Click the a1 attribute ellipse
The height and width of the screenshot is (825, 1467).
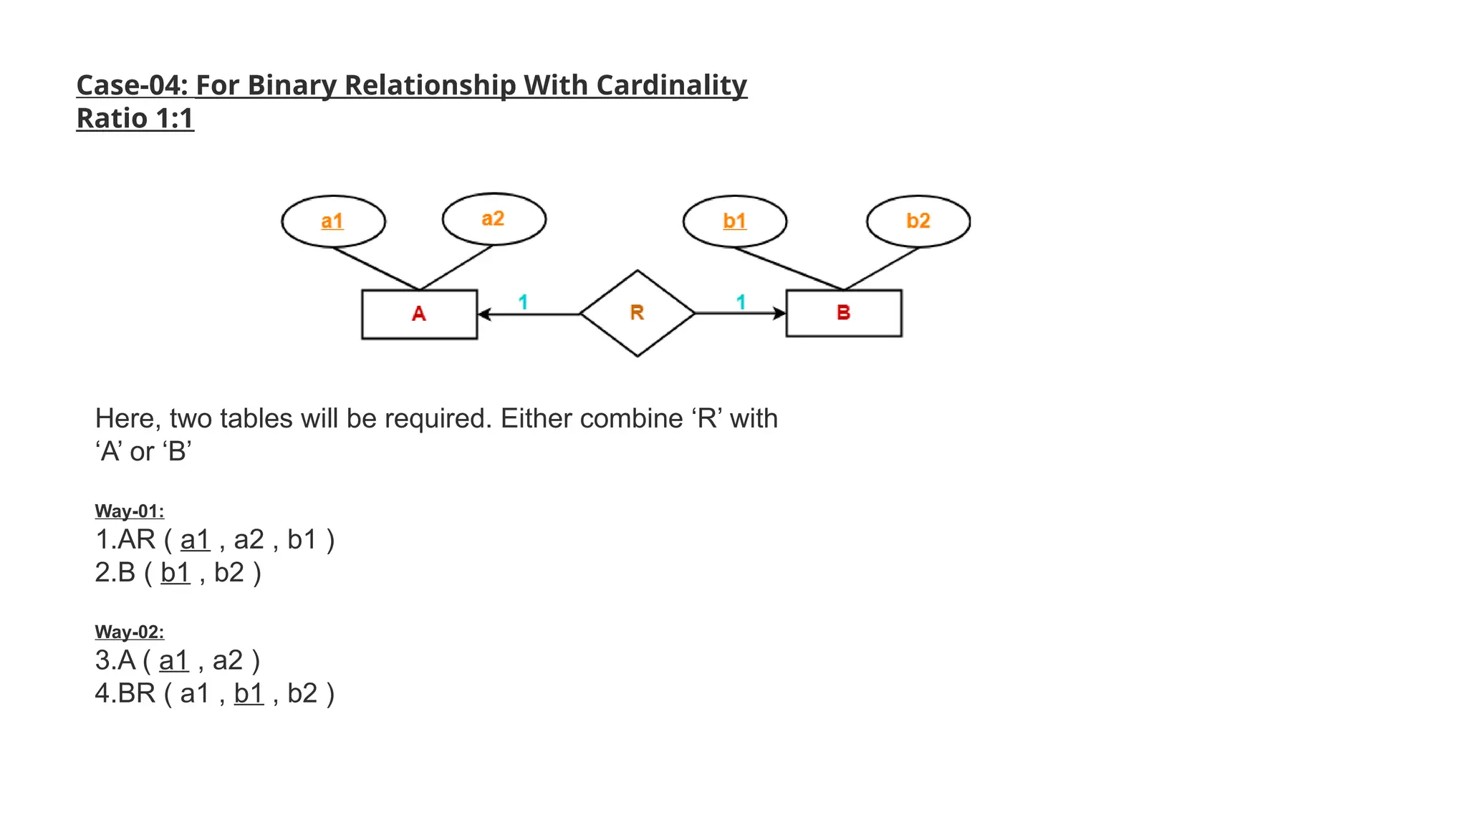pos(333,221)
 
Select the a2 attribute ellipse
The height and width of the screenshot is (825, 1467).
pos(494,219)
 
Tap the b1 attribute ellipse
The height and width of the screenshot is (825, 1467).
pos(734,221)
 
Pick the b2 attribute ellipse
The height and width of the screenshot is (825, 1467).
pos(918,221)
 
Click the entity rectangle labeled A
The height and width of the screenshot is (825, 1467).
pos(419,314)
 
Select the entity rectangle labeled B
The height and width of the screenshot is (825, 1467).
pos(843,313)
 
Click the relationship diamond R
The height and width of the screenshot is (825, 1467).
pos(637,313)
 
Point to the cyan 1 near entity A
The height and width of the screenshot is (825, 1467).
pos(523,302)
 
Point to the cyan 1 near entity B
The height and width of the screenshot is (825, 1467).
pos(741,302)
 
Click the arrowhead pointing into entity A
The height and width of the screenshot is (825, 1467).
pos(484,314)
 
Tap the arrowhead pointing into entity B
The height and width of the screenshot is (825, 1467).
pos(779,313)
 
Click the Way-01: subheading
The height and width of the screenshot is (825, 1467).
pos(130,511)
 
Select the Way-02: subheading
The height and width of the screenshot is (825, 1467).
pos(130,632)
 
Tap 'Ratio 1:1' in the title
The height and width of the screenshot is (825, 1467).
pos(135,119)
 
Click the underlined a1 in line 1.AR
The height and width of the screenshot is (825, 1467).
pos(195,540)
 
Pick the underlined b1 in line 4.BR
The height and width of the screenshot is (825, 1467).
pos(249,694)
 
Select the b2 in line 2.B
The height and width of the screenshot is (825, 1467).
pos(229,573)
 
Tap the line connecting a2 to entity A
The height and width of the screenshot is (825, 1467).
pos(456,268)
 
